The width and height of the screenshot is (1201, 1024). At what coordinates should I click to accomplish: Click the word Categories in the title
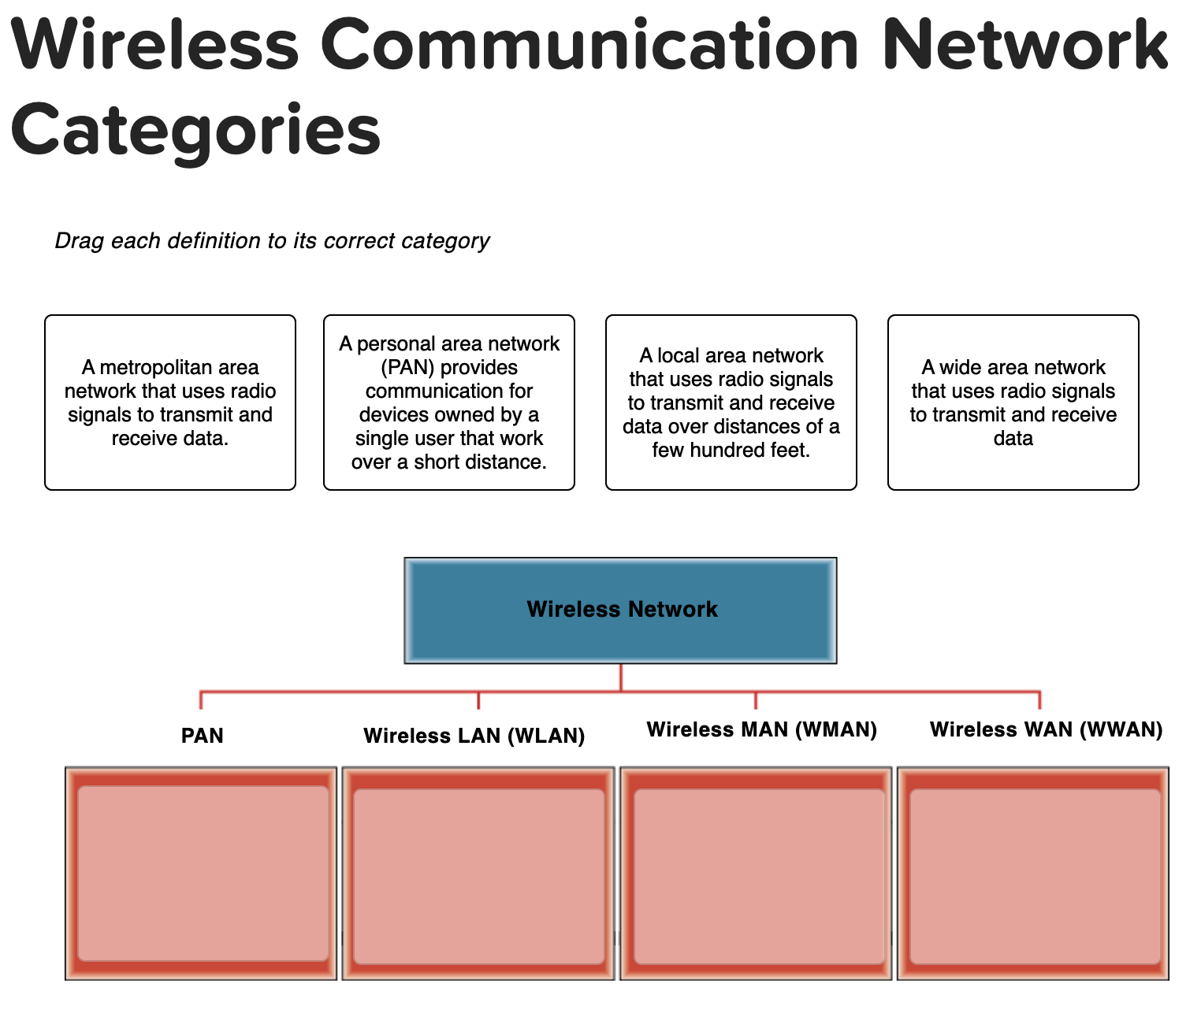pos(195,131)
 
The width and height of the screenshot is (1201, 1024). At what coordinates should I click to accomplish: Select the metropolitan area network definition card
pos(170,403)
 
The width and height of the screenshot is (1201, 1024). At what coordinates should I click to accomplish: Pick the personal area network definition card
pos(449,403)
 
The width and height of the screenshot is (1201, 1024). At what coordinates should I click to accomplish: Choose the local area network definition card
pos(731,403)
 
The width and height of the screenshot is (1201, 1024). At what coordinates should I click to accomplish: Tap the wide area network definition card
pos(1013,403)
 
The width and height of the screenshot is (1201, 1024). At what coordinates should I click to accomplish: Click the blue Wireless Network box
pos(621,610)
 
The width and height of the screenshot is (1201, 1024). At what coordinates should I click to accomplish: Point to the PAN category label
pos(203,736)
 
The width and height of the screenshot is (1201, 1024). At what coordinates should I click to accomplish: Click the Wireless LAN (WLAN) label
pos(474,736)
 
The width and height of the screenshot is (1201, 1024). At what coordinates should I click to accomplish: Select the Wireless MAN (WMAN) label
pos(761,729)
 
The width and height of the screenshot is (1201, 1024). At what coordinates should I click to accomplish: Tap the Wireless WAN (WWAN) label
pos(1046,729)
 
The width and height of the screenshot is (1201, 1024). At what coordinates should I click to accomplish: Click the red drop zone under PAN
pos(202,873)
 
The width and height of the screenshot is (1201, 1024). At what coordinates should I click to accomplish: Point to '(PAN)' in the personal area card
pos(408,368)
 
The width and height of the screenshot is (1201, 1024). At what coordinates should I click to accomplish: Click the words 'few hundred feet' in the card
pos(731,451)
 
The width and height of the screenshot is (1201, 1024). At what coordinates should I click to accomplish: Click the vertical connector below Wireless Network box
pos(621,677)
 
